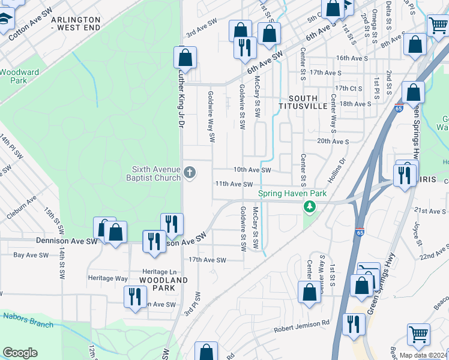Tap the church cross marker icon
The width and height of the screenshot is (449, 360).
click(x=190, y=173)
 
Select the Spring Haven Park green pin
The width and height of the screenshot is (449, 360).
click(x=309, y=207)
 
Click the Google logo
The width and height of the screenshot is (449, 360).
click(x=20, y=353)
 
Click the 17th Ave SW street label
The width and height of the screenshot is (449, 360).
click(x=207, y=260)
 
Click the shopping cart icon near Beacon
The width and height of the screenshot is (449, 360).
click(x=418, y=334)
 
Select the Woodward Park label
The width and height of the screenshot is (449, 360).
click(x=19, y=76)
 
